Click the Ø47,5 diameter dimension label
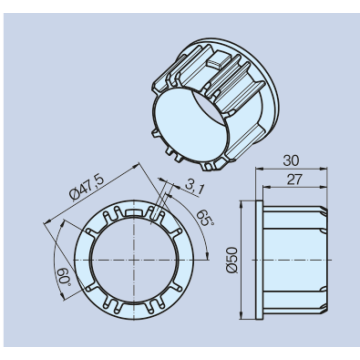point(87,188)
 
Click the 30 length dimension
point(291,161)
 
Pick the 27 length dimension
point(295,180)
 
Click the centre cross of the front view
point(133,259)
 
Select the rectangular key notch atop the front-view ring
point(133,213)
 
